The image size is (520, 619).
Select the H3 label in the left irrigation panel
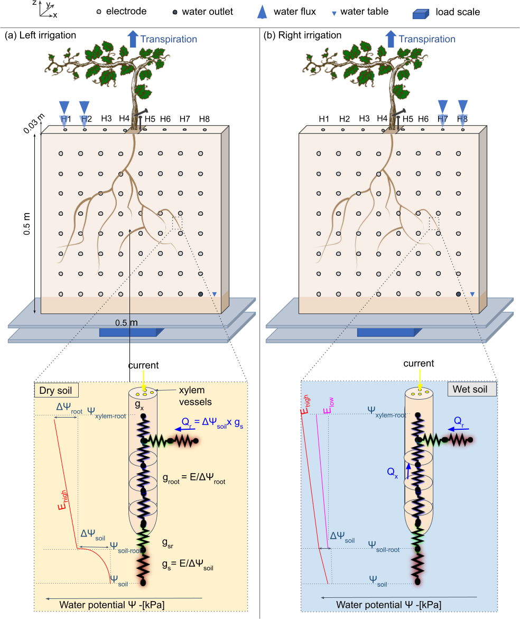coord(106,118)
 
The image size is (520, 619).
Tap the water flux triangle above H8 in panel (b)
coord(463,107)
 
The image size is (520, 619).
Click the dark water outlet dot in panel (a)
coord(200,294)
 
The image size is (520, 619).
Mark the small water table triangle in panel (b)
coord(472,294)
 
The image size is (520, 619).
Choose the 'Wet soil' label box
coord(471,390)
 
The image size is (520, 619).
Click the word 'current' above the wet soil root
coord(419,364)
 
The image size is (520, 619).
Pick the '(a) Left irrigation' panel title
coord(40,35)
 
